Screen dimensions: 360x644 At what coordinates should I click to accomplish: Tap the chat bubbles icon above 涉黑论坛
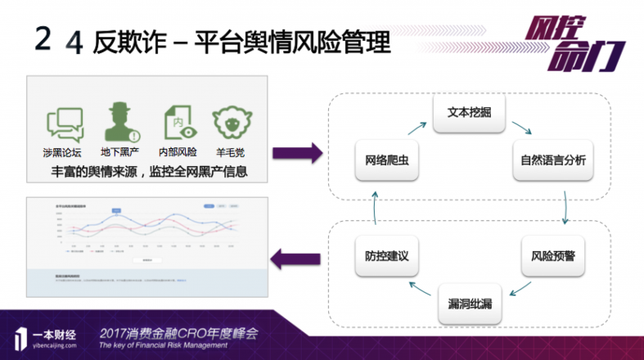tap(65, 124)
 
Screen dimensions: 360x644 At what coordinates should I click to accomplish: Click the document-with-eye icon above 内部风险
tap(178, 123)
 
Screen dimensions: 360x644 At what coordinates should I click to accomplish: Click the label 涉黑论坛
tap(65, 152)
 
